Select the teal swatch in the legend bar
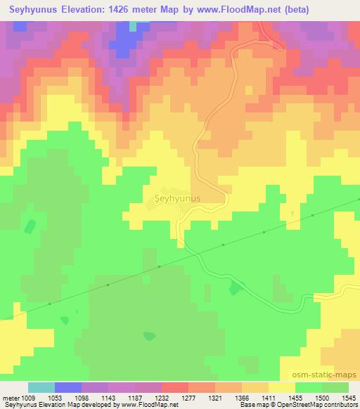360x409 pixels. click(41, 387)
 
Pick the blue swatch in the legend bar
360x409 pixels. click(68, 387)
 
